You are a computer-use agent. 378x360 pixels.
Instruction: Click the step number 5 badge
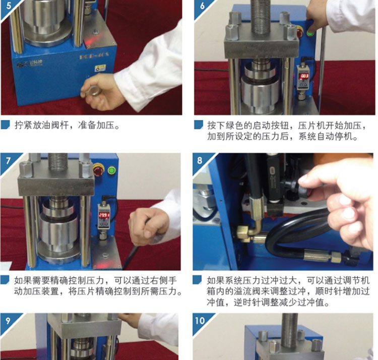(x=7, y=7)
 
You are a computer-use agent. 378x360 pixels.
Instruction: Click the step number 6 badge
(x=201, y=7)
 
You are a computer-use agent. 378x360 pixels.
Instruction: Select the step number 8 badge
(x=200, y=161)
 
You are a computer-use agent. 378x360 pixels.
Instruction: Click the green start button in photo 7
(x=111, y=171)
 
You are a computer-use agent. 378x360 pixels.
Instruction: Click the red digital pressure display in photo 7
(x=104, y=215)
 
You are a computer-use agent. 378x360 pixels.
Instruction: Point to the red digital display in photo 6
(x=304, y=76)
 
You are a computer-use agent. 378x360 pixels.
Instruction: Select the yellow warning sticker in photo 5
(x=100, y=68)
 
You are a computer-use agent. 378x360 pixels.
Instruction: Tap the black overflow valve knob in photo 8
(x=300, y=190)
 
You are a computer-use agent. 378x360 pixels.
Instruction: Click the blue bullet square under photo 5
(x=5, y=125)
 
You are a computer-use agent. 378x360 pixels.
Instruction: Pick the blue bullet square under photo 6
(x=199, y=125)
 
